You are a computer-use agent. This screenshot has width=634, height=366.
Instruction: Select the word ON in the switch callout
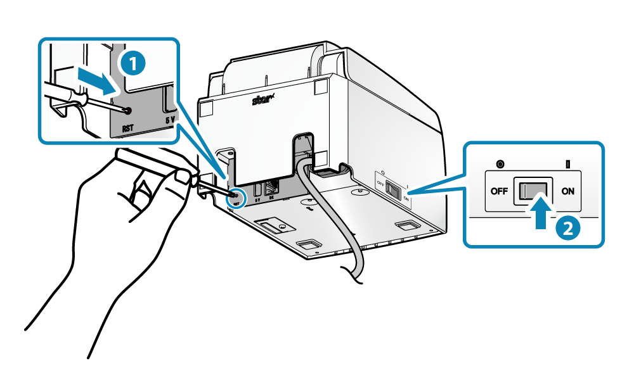tap(567, 191)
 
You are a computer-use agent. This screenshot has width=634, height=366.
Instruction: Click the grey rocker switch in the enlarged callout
tap(533, 190)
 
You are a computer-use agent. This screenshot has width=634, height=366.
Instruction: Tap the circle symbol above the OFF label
tap(500, 165)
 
